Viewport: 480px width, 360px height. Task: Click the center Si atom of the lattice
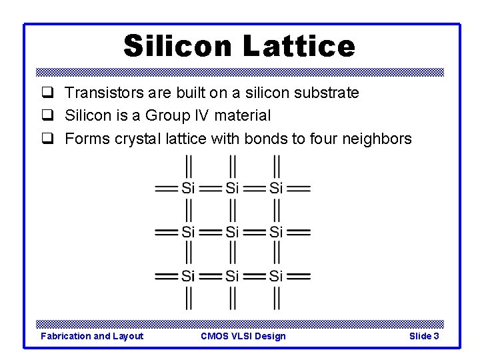232,232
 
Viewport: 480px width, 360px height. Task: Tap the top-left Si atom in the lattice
188,188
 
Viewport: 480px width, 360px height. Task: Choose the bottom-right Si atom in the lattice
276,275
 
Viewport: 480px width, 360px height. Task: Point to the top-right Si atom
276,188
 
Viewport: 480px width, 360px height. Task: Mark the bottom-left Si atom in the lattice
188,275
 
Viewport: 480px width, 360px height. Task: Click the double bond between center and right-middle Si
254,232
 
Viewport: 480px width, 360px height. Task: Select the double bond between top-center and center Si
232,210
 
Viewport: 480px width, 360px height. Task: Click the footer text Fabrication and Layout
92,336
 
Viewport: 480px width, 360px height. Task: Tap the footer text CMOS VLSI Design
243,336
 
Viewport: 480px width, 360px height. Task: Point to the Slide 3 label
424,336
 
